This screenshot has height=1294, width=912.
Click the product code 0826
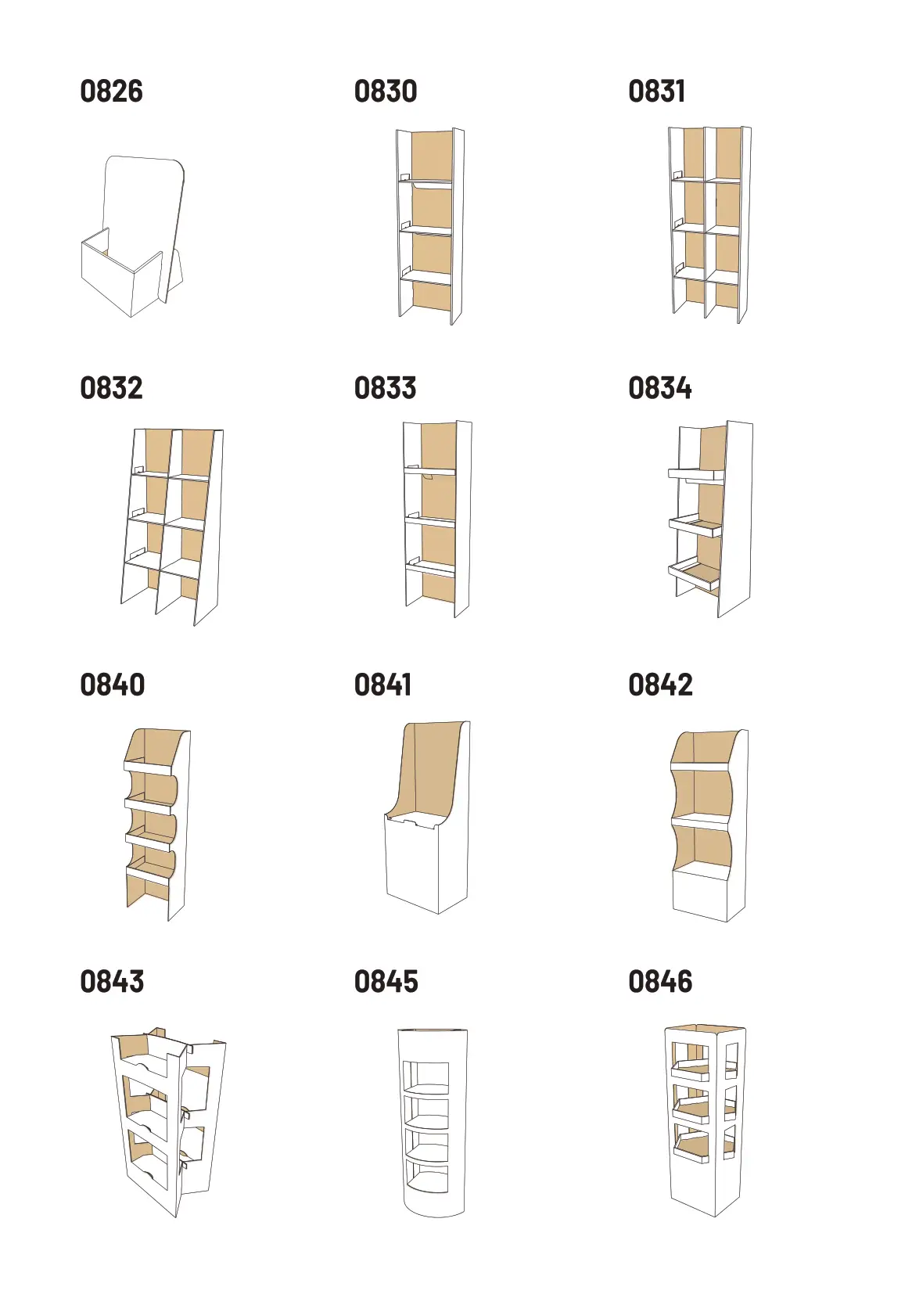pos(112,92)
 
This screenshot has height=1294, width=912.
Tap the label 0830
pos(386,92)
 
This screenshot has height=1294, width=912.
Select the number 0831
pos(657,92)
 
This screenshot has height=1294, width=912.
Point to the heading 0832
pos(112,387)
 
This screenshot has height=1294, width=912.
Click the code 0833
pos(386,387)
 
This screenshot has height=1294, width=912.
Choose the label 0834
pos(659,387)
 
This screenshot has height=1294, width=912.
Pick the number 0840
pos(112,685)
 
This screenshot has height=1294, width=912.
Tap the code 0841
pos(383,685)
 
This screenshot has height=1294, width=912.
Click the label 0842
pos(660,685)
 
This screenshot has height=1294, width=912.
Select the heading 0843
pos(112,982)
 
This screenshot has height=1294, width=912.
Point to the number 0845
pos(386,982)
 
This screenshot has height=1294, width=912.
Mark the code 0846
pos(660,982)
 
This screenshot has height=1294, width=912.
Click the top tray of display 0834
pos(695,474)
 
